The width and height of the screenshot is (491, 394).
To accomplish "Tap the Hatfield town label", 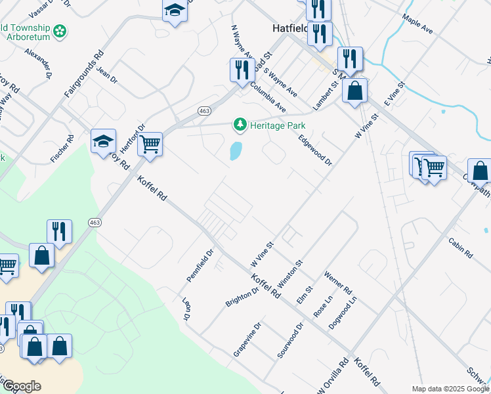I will point(289,28).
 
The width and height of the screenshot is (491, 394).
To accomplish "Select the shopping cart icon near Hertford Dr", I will point(150,142).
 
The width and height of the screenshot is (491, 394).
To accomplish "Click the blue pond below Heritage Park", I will point(234,152).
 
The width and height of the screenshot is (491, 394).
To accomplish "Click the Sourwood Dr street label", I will point(289,339).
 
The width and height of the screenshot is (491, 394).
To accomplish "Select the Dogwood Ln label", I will point(343,312).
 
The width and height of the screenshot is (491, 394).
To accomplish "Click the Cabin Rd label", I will point(461,248).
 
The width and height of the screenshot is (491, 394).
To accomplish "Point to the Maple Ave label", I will point(417,25).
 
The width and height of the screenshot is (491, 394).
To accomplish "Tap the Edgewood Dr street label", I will point(315,150).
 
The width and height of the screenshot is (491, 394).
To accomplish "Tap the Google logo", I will point(22,386).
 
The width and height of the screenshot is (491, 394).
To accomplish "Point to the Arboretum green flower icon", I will point(60,31).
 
